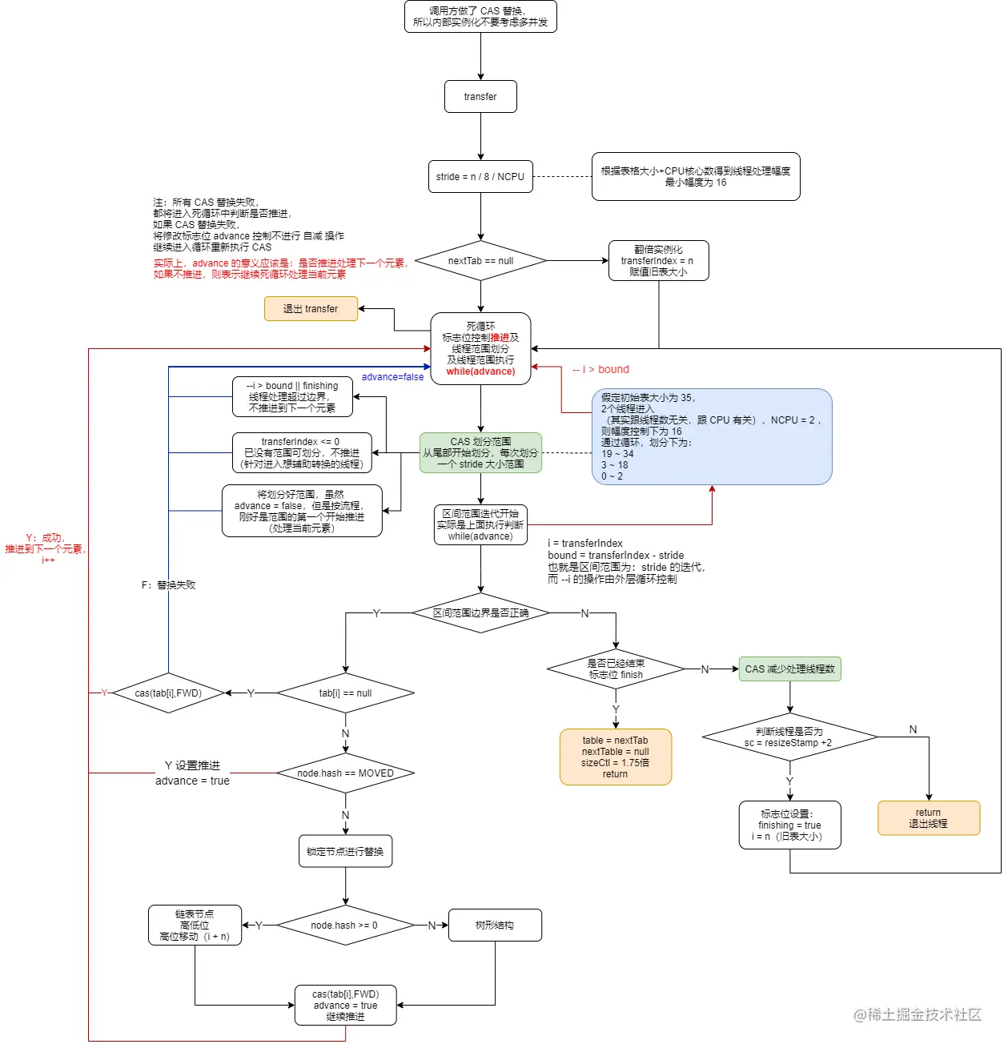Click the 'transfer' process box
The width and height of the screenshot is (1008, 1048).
click(480, 97)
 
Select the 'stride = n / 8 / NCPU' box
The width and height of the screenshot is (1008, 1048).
click(480, 177)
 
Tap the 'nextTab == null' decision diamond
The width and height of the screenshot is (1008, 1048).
click(480, 261)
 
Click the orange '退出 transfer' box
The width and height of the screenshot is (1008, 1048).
click(311, 309)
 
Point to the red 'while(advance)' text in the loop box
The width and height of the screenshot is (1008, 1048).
click(480, 371)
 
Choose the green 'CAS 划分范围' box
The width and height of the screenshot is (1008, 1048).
click(480, 453)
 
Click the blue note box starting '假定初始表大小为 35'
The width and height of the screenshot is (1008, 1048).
click(711, 436)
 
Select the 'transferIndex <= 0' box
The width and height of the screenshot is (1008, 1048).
click(302, 453)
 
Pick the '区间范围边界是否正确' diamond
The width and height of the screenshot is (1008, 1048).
click(480, 613)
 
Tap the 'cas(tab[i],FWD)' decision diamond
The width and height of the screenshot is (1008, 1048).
click(168, 693)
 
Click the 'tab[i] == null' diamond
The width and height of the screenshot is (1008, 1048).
click(345, 693)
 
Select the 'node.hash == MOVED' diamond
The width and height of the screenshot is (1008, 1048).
click(345, 773)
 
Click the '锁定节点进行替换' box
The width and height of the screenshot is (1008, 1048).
click(345, 852)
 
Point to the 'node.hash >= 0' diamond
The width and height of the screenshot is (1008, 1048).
click(345, 926)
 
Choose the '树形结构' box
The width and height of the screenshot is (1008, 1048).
click(495, 926)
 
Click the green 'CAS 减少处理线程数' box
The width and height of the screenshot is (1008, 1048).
click(789, 669)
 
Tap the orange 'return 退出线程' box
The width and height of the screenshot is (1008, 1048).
click(928, 818)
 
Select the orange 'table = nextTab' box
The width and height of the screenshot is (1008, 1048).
click(615, 757)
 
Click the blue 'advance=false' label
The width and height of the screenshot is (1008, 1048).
click(392, 377)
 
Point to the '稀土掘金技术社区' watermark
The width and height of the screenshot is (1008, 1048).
click(918, 1015)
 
